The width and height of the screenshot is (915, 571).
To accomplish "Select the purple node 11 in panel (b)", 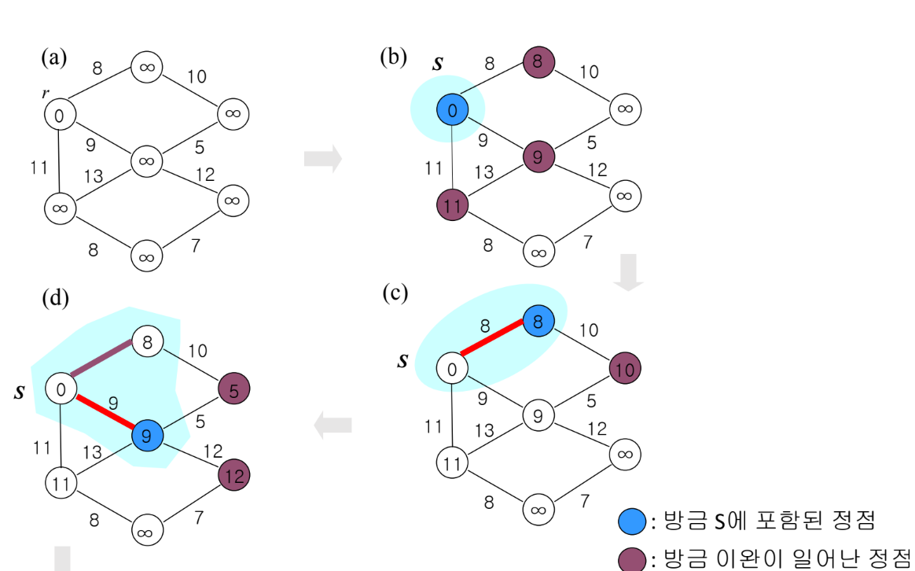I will [x=452, y=206].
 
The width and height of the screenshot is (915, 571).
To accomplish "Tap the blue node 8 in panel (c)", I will [x=538, y=321].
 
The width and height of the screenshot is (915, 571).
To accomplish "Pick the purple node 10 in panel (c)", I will [x=625, y=367].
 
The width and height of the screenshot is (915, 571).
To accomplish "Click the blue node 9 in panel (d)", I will [x=147, y=434].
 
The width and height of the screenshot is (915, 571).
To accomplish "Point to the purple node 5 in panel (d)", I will [x=233, y=388].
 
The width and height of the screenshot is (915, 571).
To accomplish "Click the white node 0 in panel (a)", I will [x=59, y=115].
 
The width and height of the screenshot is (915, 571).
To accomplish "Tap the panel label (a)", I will [x=54, y=57].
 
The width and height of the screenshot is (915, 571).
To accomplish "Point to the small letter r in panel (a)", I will [x=46, y=94].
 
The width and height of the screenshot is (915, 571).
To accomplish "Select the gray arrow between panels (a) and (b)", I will [x=322, y=158].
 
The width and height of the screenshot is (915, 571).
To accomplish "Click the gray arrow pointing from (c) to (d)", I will [x=333, y=426].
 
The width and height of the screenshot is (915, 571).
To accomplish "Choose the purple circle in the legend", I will [x=633, y=559].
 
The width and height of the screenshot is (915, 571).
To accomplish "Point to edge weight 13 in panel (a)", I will [x=94, y=176].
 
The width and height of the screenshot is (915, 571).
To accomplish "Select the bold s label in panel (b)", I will [x=438, y=64].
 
